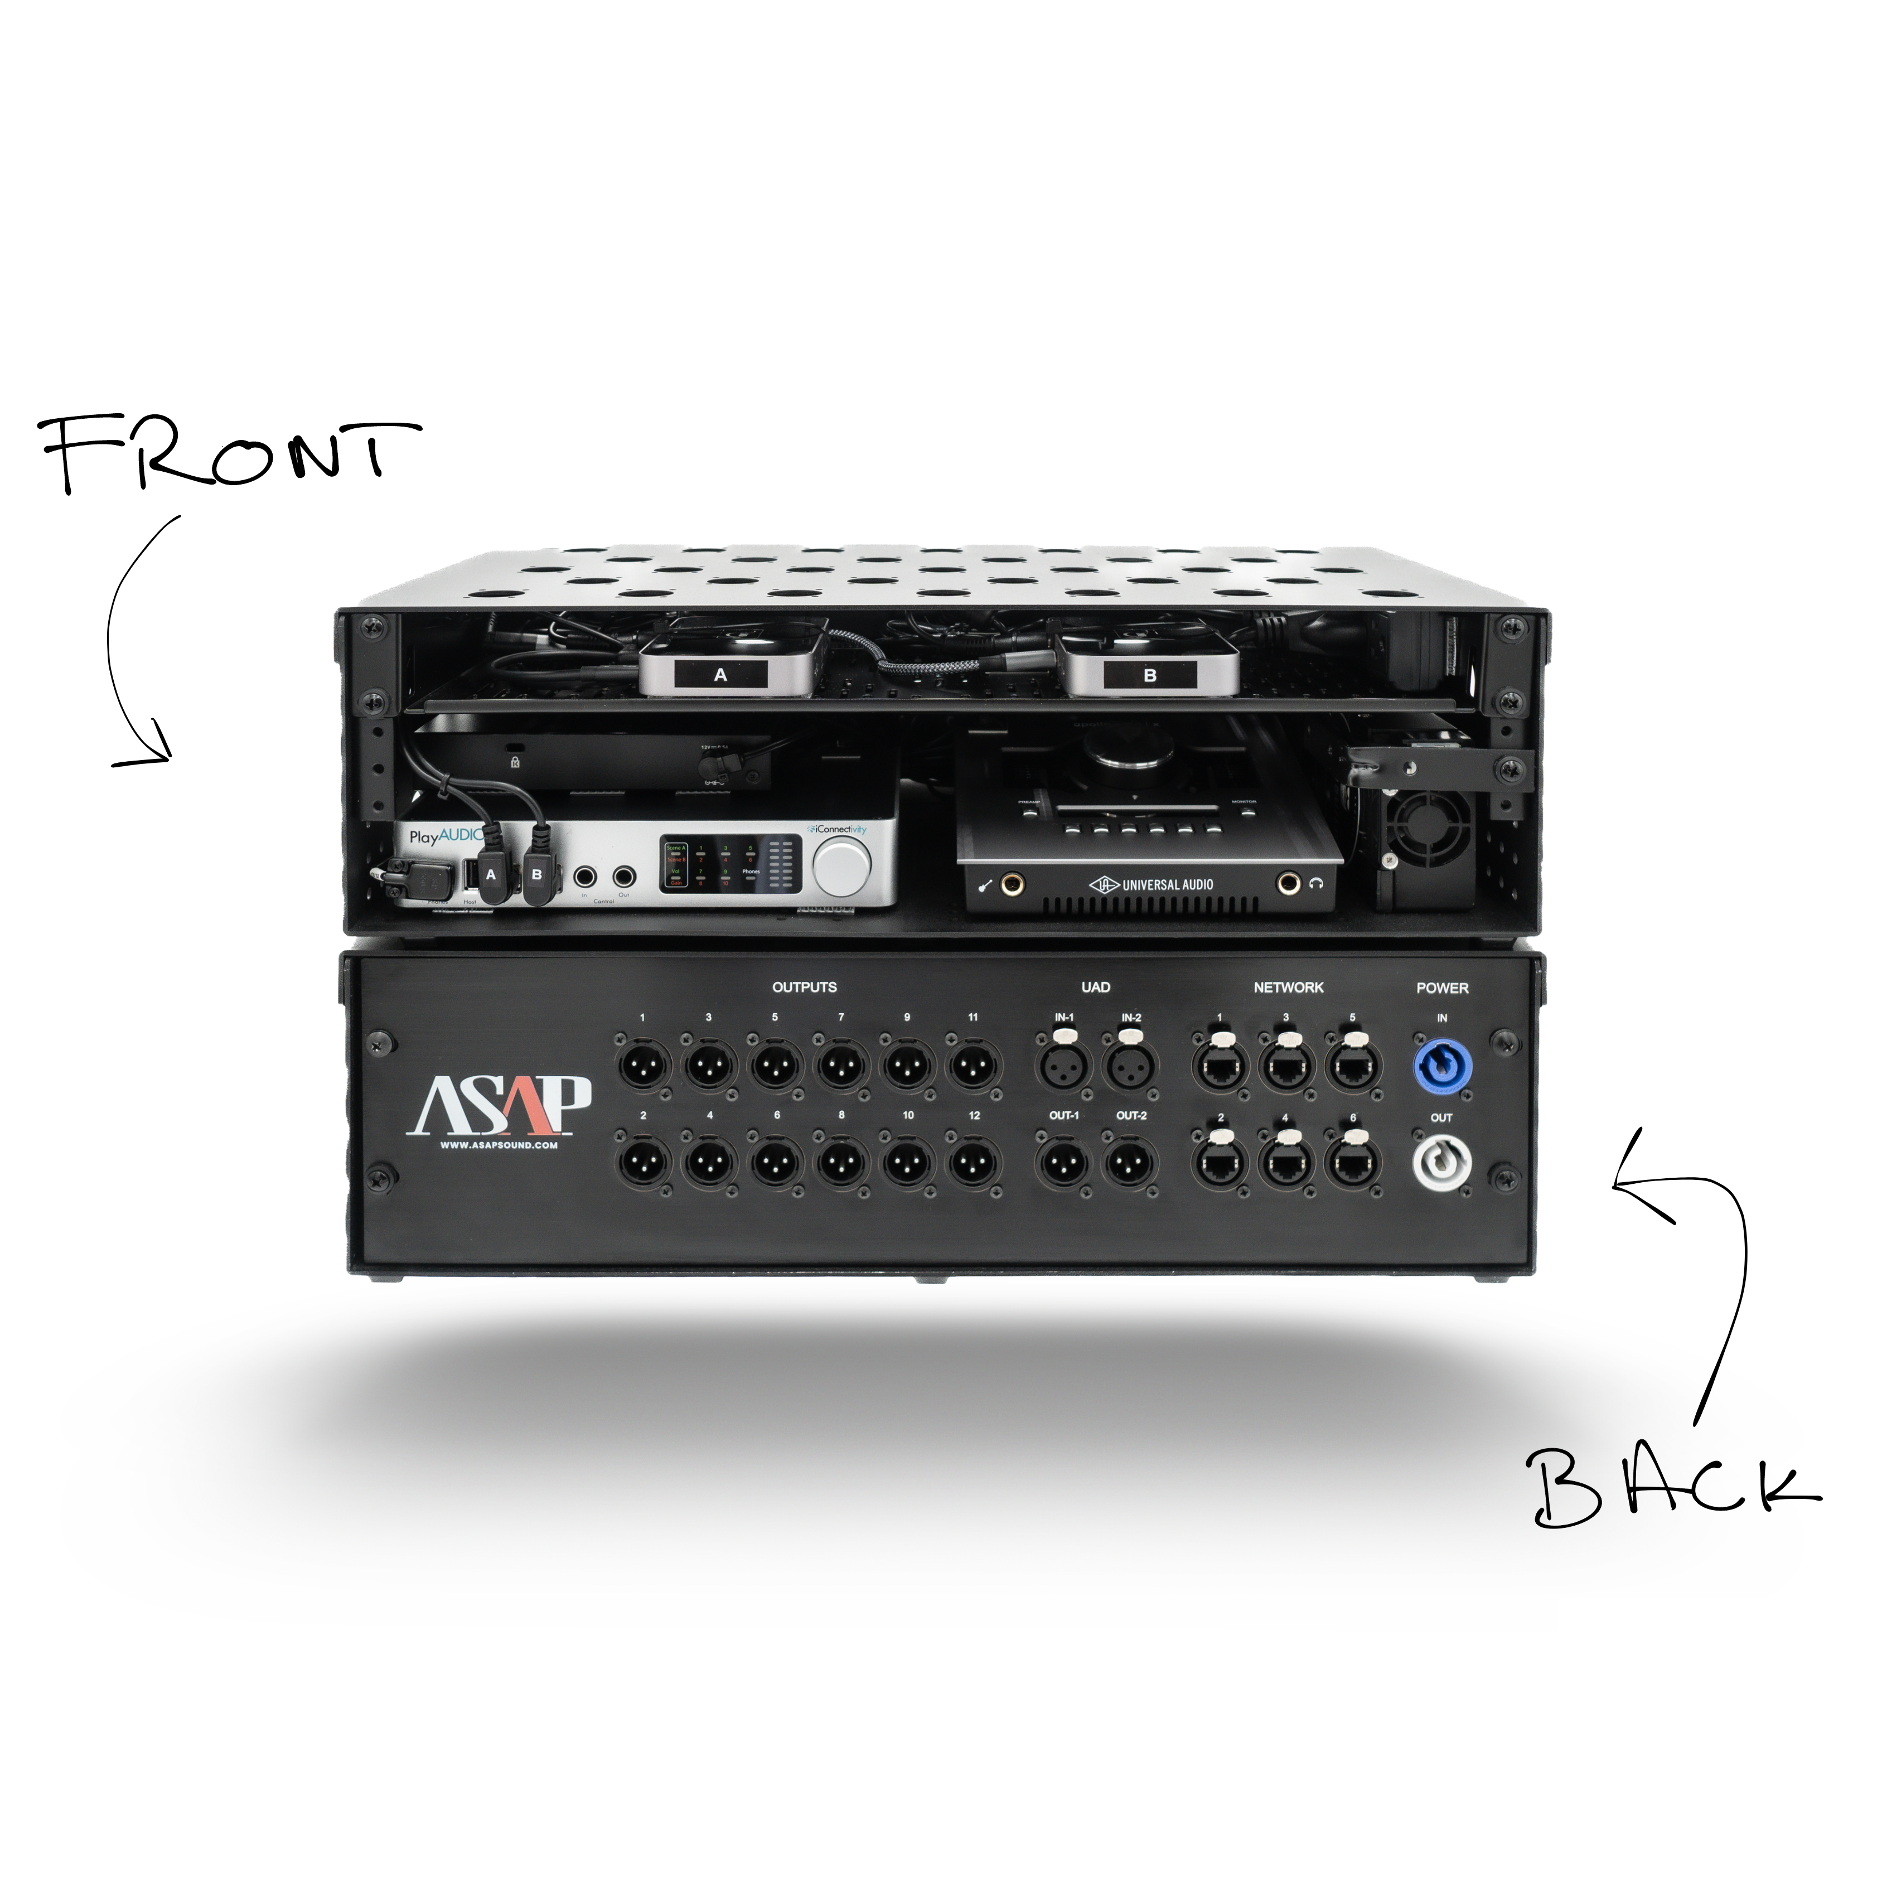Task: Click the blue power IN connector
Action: [1441, 1067]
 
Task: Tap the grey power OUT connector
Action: [1441, 1163]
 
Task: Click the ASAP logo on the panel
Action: [498, 1106]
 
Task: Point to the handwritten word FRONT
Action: [229, 453]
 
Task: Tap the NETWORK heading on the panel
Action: [1288, 987]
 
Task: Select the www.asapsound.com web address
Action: [499, 1145]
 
